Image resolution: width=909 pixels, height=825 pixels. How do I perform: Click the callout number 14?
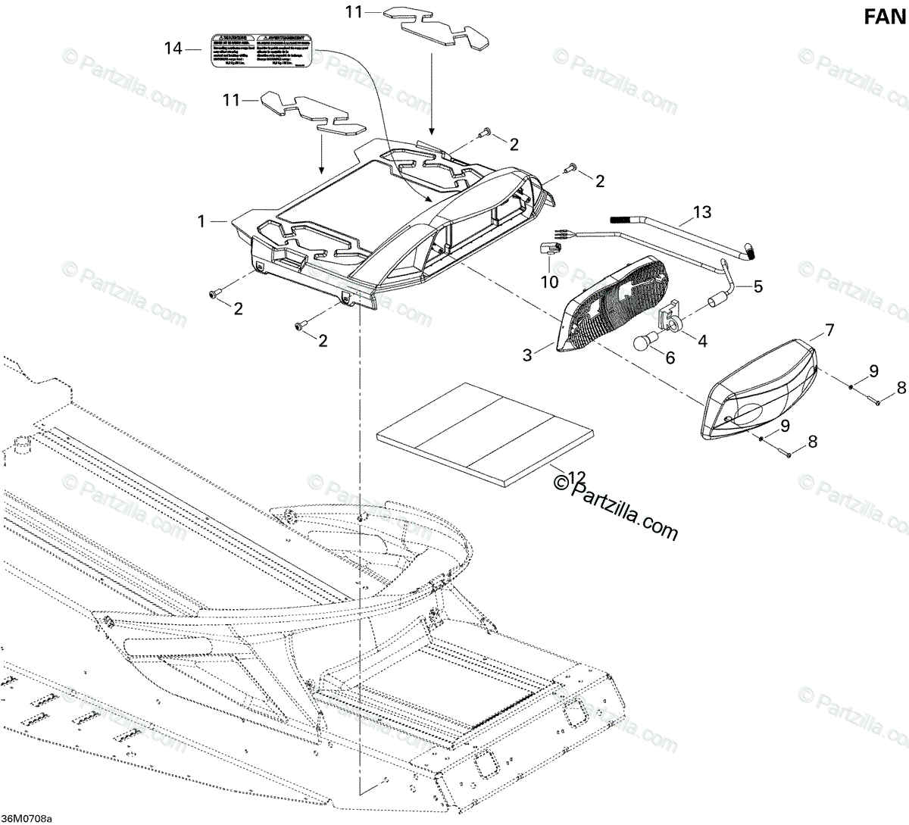pyautogui.click(x=173, y=48)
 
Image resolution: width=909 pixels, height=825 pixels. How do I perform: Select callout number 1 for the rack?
pyautogui.click(x=201, y=221)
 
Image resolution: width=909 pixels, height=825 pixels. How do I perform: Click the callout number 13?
pyautogui.click(x=702, y=212)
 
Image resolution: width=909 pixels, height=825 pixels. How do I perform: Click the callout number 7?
pyautogui.click(x=829, y=330)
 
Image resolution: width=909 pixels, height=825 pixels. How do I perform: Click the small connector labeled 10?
pyautogui.click(x=551, y=248)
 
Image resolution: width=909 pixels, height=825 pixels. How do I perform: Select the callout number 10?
pyautogui.click(x=549, y=282)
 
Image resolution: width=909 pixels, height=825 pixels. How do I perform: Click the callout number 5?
pyautogui.click(x=757, y=287)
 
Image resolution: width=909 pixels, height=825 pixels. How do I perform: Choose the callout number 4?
pyautogui.click(x=702, y=341)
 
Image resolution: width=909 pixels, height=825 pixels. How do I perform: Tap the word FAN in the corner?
pyautogui.click(x=886, y=17)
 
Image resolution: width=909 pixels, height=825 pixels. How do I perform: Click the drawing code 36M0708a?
pyautogui.click(x=27, y=818)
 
